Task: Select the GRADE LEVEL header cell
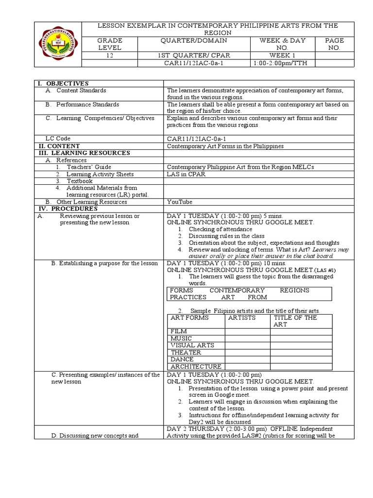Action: (110, 44)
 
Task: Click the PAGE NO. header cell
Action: (335, 44)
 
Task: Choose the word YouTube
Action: (179, 202)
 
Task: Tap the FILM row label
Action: (178, 332)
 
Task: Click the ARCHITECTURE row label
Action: (196, 366)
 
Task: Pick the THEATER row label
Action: (185, 353)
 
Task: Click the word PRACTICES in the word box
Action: (188, 297)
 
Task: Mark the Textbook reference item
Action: (79, 181)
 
